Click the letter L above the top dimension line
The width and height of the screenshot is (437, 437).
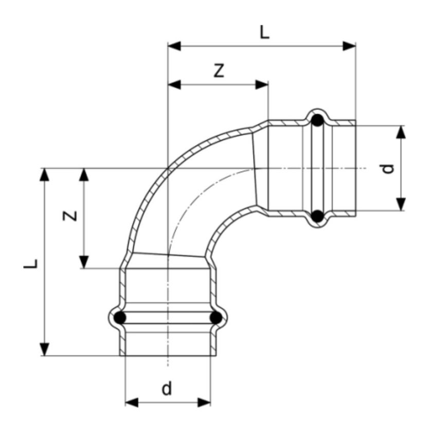[x=264, y=33]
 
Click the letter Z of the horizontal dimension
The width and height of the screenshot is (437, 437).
[x=220, y=71]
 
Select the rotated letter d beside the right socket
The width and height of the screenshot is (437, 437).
[x=389, y=168]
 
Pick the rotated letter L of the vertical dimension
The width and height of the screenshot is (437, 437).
[x=32, y=263]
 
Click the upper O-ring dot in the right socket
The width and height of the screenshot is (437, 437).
[x=318, y=121]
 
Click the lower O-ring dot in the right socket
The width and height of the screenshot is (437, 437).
[x=318, y=216]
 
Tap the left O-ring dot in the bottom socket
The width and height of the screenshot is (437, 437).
[x=120, y=318]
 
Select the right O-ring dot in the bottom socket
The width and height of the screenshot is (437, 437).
[x=216, y=318]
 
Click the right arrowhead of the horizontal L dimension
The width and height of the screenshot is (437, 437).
[x=350, y=46]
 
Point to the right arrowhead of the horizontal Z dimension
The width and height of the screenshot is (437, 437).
[x=262, y=84]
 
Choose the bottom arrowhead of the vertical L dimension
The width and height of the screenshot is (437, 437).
[x=46, y=349]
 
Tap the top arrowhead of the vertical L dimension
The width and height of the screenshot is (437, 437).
[x=46, y=174]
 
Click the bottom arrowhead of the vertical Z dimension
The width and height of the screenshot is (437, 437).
[x=84, y=262]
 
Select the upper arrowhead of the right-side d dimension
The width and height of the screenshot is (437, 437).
[x=402, y=131]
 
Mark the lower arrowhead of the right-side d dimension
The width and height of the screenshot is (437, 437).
[x=402, y=205]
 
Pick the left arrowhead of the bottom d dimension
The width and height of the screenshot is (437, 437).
[x=132, y=402]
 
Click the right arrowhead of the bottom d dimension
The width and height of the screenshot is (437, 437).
[x=205, y=402]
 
